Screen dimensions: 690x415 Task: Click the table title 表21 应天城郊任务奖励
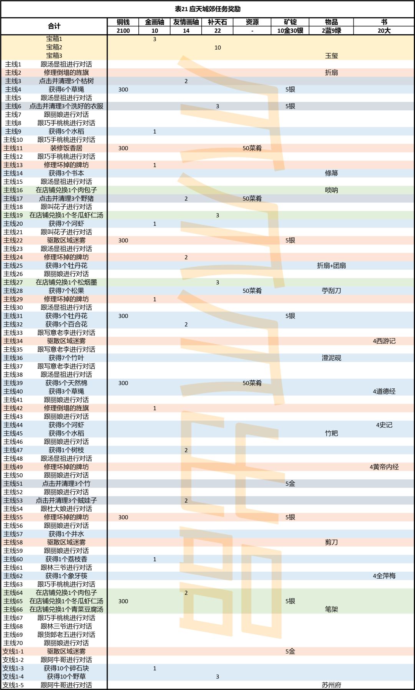[x=207, y=9]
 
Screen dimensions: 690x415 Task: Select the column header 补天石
[x=217, y=22]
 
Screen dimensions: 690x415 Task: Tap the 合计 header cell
[x=54, y=26]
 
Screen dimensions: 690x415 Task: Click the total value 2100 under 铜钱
[x=123, y=31]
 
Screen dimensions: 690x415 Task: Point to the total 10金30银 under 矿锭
[x=290, y=31]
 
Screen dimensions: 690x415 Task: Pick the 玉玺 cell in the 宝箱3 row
[x=331, y=56]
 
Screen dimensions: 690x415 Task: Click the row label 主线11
[x=13, y=148]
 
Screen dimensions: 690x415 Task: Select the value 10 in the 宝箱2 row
[x=217, y=48]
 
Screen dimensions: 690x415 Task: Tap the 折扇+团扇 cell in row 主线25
[x=331, y=265]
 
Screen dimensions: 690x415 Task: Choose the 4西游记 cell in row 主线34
[x=384, y=341]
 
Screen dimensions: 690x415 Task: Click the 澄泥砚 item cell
[x=331, y=358]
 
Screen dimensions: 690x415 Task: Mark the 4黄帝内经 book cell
[x=384, y=467]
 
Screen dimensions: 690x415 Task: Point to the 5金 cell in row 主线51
[x=290, y=484]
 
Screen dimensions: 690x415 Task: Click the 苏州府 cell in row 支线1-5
[x=331, y=685]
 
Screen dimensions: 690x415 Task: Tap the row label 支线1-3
[x=13, y=668]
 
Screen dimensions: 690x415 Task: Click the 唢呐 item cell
[x=331, y=190]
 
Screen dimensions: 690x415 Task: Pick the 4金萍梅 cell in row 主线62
[x=384, y=576]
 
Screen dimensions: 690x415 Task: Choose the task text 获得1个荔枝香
[x=66, y=559]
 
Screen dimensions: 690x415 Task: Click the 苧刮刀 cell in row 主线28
[x=331, y=291]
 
